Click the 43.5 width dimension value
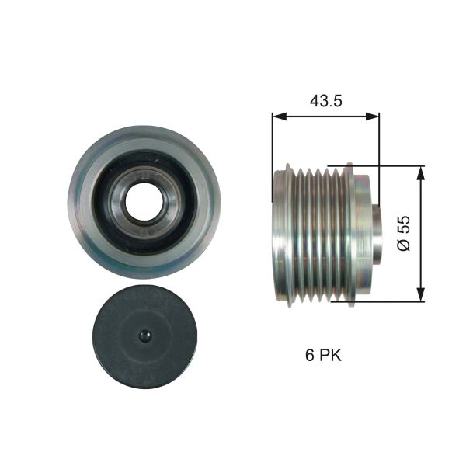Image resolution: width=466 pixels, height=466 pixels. pyautogui.click(x=326, y=101)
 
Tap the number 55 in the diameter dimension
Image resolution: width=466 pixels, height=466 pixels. pyautogui.click(x=403, y=224)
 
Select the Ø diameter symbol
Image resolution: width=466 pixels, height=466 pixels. pyautogui.click(x=403, y=245)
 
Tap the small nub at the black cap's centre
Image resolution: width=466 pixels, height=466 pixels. pyautogui.click(x=144, y=336)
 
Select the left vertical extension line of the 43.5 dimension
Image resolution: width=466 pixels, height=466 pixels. pyautogui.click(x=273, y=140)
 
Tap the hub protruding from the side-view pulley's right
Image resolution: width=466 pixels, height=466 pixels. pyautogui.click(x=374, y=233)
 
